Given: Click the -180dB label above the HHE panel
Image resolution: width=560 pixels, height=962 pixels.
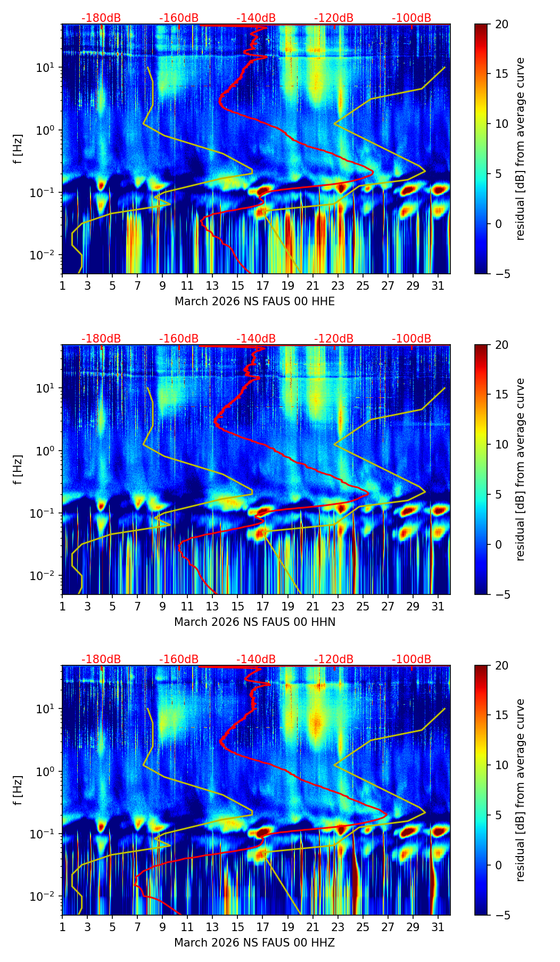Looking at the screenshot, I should [x=101, y=18].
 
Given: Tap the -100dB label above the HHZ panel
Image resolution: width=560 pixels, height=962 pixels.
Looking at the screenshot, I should [x=411, y=659].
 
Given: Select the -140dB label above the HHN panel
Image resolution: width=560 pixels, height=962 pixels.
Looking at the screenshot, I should [x=256, y=339].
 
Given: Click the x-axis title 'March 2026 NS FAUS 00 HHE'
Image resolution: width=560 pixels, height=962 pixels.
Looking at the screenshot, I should [x=254, y=301].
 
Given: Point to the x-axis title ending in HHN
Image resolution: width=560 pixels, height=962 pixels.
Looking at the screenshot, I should [x=254, y=622].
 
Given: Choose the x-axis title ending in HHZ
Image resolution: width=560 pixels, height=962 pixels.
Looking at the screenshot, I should [x=254, y=943].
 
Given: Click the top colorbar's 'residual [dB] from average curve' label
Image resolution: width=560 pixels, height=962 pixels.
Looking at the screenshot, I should [x=521, y=149].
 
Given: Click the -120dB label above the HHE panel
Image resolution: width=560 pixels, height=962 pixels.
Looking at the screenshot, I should [x=334, y=18].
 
